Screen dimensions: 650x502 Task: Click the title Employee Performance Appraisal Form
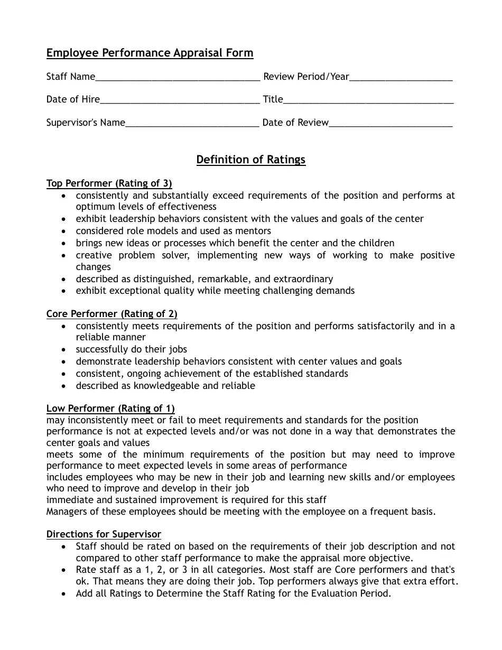pos(150,53)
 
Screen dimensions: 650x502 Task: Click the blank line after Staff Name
pos(178,78)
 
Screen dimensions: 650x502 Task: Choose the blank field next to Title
pos(368,101)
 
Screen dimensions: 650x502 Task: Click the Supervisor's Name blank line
pos(192,124)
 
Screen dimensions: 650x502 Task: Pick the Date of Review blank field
pos(391,124)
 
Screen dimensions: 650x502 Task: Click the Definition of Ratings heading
pos(251,160)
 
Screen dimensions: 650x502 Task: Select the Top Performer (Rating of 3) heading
pos(109,183)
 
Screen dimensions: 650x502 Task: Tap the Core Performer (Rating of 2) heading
pos(112,314)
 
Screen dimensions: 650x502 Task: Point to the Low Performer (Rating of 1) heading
pos(110,408)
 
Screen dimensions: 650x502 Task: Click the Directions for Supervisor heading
pos(104,534)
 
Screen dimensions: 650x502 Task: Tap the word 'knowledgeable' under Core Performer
pos(166,386)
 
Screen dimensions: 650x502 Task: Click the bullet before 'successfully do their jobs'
pos(64,350)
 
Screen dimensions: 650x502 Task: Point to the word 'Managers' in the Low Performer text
pos(67,512)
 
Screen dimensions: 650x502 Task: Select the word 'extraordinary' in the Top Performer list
pos(303,278)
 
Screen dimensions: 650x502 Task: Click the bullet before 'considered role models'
pos(64,231)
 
